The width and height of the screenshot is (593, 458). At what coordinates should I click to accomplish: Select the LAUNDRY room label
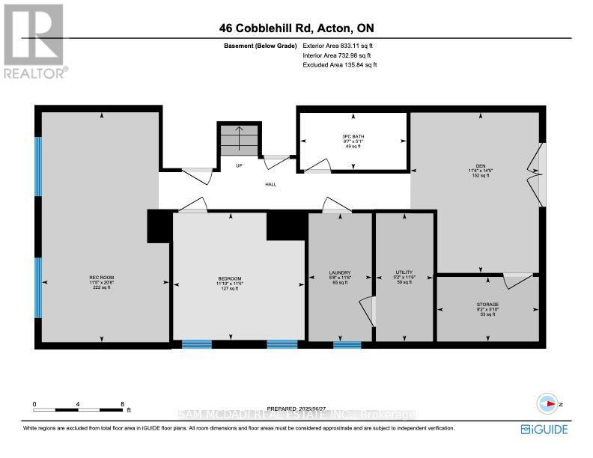pos(339,273)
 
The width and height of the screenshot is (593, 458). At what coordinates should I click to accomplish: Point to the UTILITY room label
pos(404,273)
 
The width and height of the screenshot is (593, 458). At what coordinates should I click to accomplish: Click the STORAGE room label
pos(487,305)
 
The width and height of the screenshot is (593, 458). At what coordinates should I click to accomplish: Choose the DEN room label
pos(474,165)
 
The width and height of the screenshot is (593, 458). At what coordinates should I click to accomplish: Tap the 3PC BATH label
pos(352,136)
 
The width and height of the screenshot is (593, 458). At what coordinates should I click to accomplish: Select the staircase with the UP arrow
pos(240,140)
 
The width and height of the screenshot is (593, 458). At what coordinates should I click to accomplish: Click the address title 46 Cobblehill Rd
pos(296,29)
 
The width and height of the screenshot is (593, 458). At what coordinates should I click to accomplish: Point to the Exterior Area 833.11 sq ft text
pos(339,46)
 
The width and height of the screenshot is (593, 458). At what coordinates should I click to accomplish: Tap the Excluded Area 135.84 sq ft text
pos(339,65)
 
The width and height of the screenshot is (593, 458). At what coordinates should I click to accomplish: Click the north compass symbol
pos(550,403)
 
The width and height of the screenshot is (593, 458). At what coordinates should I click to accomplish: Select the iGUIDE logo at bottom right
pos(544,429)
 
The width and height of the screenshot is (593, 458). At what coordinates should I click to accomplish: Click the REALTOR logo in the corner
pos(34,40)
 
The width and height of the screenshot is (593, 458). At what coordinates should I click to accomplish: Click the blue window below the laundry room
pos(347,345)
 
